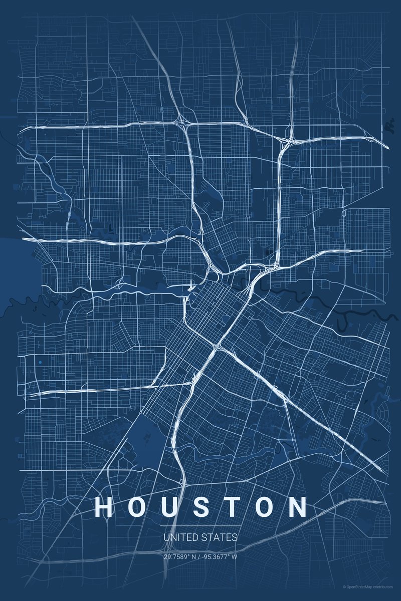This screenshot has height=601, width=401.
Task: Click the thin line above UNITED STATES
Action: click(200, 526)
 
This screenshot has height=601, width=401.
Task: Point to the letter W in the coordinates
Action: click(235, 556)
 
